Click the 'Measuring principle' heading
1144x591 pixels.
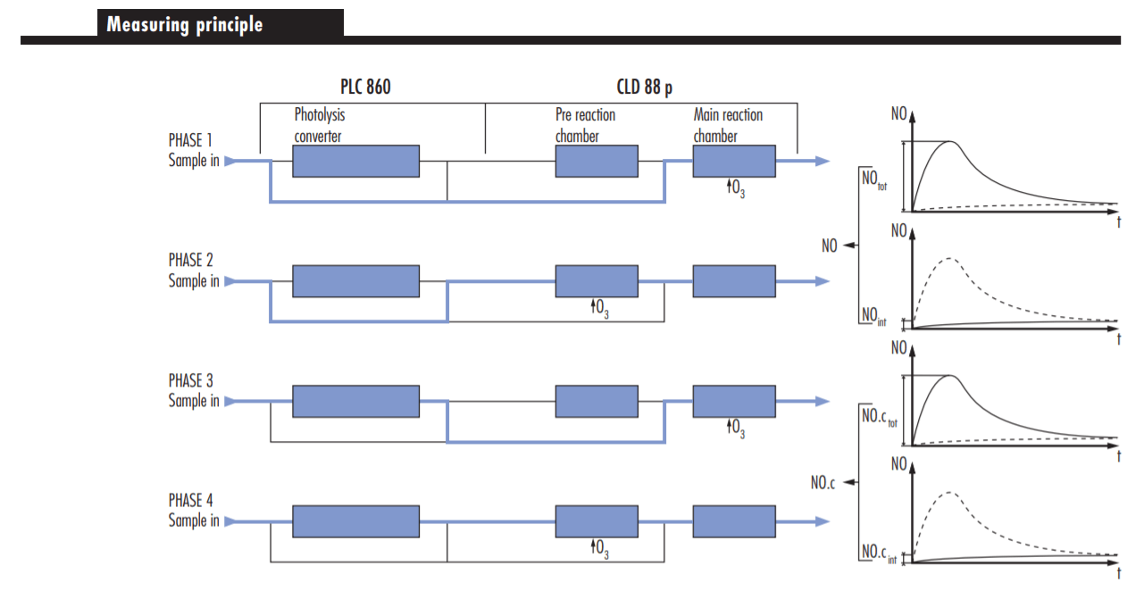184,24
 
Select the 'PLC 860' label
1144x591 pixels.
365,87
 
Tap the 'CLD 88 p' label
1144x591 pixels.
644,87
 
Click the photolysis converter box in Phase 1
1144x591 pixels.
356,162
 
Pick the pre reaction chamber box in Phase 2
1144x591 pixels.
597,281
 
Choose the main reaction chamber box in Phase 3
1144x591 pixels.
734,402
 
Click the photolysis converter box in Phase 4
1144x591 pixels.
356,521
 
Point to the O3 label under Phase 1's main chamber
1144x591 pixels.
736,188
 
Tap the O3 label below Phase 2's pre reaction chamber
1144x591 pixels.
599,309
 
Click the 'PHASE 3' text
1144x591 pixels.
190,380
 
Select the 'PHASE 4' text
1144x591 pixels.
190,501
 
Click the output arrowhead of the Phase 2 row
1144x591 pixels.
823,281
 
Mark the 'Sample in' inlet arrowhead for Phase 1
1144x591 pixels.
230,162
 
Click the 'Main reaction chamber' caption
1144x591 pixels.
728,126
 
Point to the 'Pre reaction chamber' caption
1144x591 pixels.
585,126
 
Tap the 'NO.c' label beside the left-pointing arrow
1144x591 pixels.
823,483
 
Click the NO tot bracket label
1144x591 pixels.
874,179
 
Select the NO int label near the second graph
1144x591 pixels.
874,315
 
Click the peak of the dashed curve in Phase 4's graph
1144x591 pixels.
949,493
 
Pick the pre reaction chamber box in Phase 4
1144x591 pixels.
597,521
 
